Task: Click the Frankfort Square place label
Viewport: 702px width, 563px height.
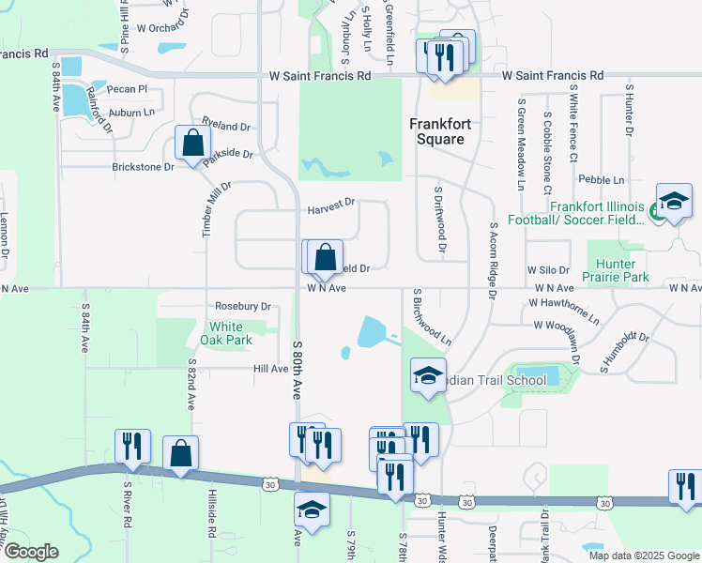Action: (x=437, y=131)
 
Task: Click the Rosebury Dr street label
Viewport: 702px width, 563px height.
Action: (x=242, y=306)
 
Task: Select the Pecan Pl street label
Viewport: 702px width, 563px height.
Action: (x=128, y=89)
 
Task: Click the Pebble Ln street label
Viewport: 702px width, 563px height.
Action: (x=602, y=179)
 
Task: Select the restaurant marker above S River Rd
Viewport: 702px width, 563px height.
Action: (x=132, y=446)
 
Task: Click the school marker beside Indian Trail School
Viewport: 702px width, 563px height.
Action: (x=427, y=376)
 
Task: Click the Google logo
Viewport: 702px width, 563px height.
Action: (x=30, y=552)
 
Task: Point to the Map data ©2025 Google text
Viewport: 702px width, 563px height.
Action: (x=643, y=555)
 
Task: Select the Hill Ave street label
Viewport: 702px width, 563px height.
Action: (x=270, y=370)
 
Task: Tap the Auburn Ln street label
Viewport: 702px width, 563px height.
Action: (x=131, y=112)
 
